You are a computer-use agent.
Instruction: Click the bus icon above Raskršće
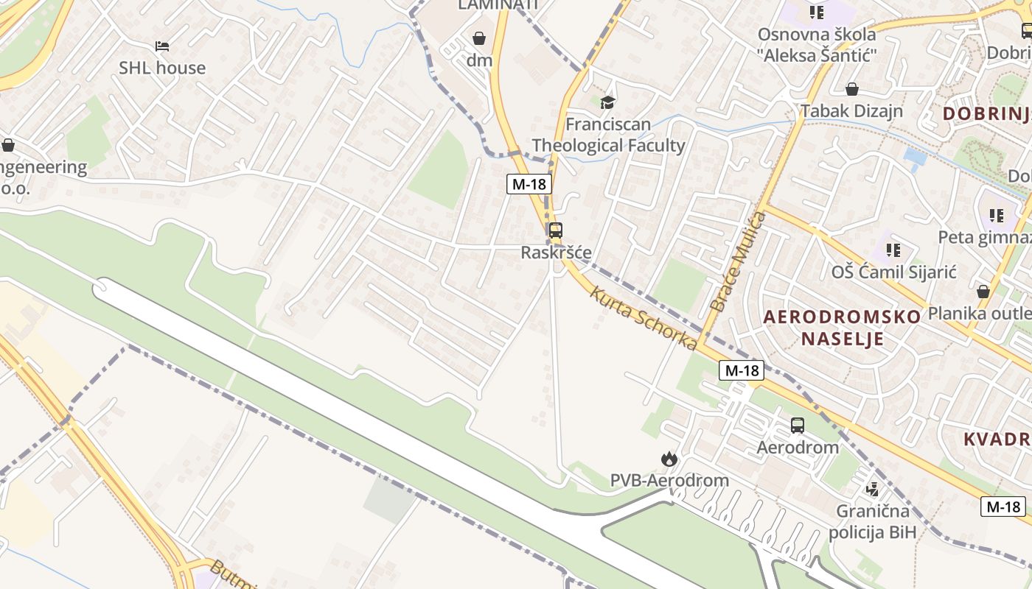(x=556, y=230)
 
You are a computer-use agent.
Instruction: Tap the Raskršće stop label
(x=556, y=253)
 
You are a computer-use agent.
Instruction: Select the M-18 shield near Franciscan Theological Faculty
(x=529, y=184)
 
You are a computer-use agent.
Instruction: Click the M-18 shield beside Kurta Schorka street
(x=742, y=370)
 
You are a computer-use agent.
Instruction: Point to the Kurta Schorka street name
(x=643, y=318)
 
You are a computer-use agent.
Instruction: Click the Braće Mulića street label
(x=738, y=261)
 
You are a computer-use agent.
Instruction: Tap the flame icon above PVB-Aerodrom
(x=669, y=459)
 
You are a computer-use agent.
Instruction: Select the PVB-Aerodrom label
(x=669, y=481)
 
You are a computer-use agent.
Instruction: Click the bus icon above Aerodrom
(x=798, y=425)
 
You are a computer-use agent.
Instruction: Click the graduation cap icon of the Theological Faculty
(x=607, y=102)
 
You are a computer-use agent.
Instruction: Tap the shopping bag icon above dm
(x=479, y=38)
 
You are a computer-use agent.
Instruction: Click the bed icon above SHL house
(x=162, y=46)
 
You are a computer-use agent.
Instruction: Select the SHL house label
(x=162, y=68)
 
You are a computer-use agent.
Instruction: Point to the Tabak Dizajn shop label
(x=851, y=111)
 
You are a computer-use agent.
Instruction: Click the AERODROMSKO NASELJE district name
(x=842, y=328)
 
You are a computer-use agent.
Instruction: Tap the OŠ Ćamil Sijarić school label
(x=893, y=272)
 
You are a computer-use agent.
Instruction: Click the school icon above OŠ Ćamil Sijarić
(x=893, y=250)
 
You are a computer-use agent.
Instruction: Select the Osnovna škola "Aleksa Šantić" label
(x=817, y=44)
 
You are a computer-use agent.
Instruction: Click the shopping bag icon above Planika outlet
(x=983, y=292)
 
